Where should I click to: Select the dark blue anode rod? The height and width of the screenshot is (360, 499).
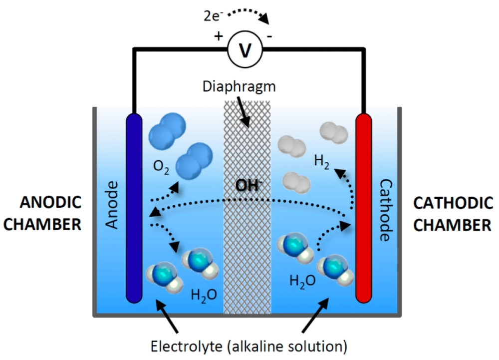click(x=134, y=207)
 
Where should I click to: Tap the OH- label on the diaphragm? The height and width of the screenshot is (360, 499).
click(x=249, y=186)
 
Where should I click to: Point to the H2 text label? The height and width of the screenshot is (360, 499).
click(x=322, y=161)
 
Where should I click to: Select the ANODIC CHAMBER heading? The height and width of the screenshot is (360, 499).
click(x=43, y=213)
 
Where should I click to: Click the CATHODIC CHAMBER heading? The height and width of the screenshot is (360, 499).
click(x=453, y=213)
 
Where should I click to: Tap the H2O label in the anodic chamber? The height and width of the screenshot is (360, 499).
click(x=204, y=295)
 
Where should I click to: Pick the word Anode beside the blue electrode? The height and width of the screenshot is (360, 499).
click(x=113, y=205)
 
